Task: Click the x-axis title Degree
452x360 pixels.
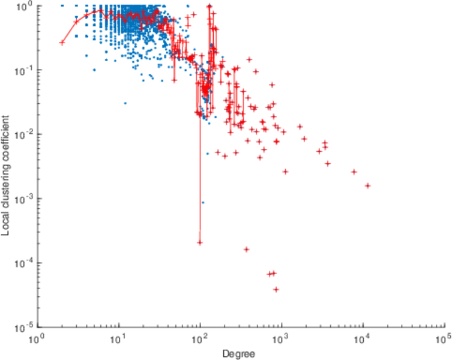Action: point(239,354)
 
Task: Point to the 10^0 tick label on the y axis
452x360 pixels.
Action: point(26,6)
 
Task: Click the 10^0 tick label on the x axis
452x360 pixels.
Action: point(39,340)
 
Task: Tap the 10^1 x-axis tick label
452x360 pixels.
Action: point(119,340)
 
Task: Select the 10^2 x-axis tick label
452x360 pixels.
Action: point(200,340)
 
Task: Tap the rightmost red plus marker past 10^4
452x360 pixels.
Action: point(367,185)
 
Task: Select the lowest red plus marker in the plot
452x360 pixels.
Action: point(276,289)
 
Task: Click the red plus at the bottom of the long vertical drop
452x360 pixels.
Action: point(199,242)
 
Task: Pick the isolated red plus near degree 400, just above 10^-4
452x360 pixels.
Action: point(246,249)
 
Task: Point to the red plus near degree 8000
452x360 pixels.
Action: point(354,172)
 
